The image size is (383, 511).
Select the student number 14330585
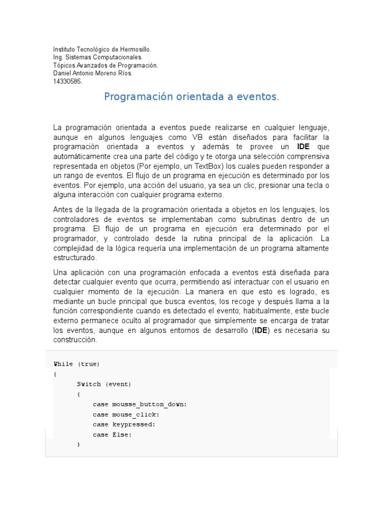(68, 81)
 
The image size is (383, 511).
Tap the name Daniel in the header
(62, 73)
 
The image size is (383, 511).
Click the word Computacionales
(117, 57)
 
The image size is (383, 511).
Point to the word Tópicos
(63, 65)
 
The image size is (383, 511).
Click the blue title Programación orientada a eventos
(190, 97)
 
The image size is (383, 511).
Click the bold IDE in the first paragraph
(303, 147)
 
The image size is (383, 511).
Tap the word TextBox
(211, 166)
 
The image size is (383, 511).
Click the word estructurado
(74, 258)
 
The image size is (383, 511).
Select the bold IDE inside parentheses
(261, 330)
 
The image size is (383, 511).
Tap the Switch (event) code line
(104, 384)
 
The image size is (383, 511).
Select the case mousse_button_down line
(140, 404)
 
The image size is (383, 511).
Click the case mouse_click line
(126, 414)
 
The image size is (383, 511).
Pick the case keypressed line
(124, 424)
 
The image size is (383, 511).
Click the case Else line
(112, 435)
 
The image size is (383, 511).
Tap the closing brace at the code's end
(79, 444)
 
